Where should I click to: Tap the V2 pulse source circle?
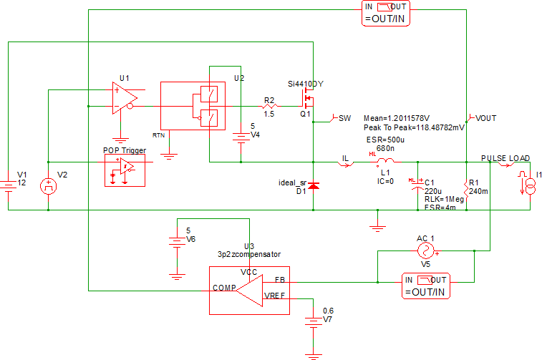click(x=48, y=187)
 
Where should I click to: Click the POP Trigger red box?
click(x=125, y=170)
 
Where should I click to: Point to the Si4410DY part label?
click(x=306, y=84)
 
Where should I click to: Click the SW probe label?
click(x=344, y=117)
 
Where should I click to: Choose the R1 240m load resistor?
click(x=466, y=190)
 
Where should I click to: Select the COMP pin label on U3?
click(x=224, y=289)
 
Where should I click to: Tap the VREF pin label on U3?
click(x=275, y=296)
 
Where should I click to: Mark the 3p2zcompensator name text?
click(x=248, y=254)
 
